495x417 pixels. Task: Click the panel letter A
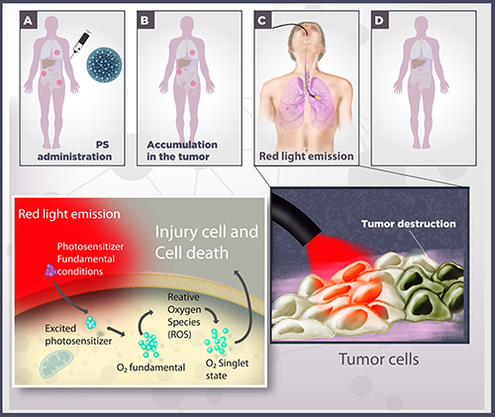click(28, 21)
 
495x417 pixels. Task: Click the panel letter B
click(145, 21)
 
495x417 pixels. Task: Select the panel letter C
click(262, 21)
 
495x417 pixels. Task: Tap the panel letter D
click(379, 21)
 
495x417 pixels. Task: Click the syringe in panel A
click(80, 45)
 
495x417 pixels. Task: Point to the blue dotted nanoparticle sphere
click(104, 64)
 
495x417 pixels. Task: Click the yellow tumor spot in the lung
click(318, 98)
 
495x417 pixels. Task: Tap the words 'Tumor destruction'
click(409, 224)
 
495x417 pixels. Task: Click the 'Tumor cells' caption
click(379, 360)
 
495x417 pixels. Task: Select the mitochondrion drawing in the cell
click(56, 365)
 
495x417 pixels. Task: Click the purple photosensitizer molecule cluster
click(49, 270)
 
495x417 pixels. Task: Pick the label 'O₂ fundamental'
click(150, 367)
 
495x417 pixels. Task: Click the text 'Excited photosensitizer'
click(78, 335)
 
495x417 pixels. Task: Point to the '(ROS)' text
click(179, 335)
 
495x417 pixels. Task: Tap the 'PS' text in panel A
click(102, 145)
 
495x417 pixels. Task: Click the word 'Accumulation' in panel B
click(182, 145)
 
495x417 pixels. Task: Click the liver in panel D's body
click(417, 62)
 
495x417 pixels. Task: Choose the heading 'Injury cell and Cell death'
click(207, 243)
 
